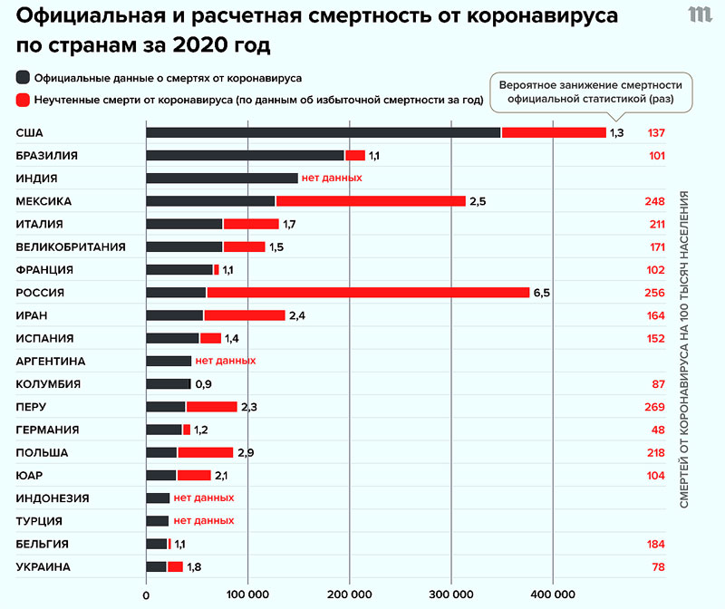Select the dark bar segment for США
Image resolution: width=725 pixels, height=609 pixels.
coord(323,132)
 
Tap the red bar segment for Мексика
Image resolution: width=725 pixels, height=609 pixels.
coord(371,201)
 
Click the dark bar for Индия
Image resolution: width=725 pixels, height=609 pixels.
coord(222,179)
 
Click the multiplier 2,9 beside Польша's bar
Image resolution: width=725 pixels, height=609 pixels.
coord(246,452)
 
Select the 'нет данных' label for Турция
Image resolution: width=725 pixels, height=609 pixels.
coord(204,521)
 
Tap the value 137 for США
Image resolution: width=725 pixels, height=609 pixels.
coord(657,132)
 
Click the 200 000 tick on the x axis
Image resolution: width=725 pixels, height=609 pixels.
coord(349,594)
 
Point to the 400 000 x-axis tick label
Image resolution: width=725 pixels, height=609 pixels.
coord(552,594)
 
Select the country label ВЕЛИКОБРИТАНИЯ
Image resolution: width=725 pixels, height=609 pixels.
coord(71,246)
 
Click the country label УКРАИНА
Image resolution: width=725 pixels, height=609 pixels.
coord(43,567)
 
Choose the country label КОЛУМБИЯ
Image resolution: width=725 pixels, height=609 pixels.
coord(49,384)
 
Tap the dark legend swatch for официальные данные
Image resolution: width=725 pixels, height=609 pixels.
coord(23,78)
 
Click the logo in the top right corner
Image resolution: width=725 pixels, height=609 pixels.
coord(700,15)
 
